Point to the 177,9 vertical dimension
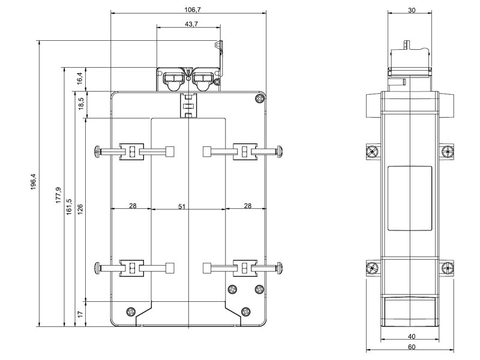58,196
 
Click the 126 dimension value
80,208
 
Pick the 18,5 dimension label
80,103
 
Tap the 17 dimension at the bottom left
80,313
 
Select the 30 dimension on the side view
410,10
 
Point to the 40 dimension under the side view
410,336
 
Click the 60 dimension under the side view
410,347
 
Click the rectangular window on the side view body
410,199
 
